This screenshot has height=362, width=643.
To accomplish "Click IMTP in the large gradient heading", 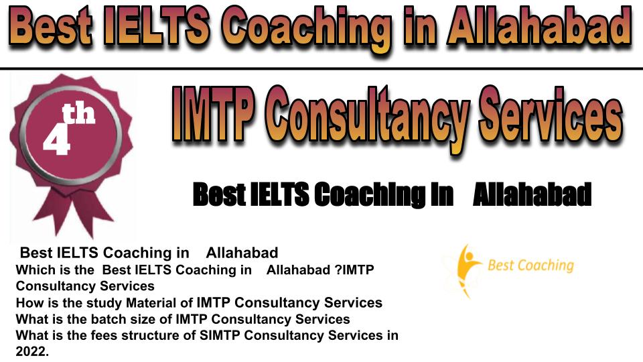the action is tap(212, 115).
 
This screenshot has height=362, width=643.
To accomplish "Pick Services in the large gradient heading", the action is tap(551, 115).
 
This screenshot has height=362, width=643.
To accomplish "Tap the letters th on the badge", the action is tap(79, 114).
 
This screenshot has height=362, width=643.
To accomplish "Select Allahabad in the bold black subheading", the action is tap(532, 194).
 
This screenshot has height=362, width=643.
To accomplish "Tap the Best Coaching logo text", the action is tap(530, 265).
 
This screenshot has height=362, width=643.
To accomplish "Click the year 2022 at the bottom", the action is tap(31, 351).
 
